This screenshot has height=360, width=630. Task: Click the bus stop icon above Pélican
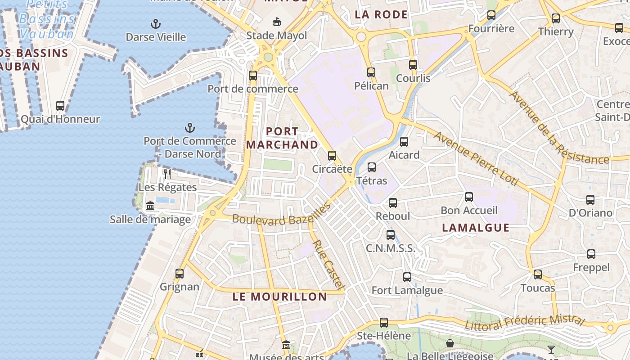coord(371,72)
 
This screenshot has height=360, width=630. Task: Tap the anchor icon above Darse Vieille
coord(156,23)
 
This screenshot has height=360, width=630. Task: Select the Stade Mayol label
coord(277,36)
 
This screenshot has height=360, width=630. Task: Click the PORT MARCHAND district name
coord(282,138)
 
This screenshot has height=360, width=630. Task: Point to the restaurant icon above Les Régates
coord(167,174)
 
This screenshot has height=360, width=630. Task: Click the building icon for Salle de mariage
coord(150,206)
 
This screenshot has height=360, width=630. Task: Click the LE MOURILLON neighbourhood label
coord(280,297)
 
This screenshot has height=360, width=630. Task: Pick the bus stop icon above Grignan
coord(180,273)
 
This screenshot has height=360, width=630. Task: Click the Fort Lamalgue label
coord(407,290)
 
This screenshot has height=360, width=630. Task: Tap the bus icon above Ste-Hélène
coord(384,322)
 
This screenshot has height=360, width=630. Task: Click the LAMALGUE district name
coord(476,228)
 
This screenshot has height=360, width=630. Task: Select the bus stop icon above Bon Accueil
coord(469,197)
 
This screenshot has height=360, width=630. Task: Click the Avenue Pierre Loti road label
coord(477,159)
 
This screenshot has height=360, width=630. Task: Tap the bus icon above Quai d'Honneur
coord(60,106)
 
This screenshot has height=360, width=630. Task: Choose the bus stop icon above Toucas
coord(538,274)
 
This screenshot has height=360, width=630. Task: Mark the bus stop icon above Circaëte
coord(332,156)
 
